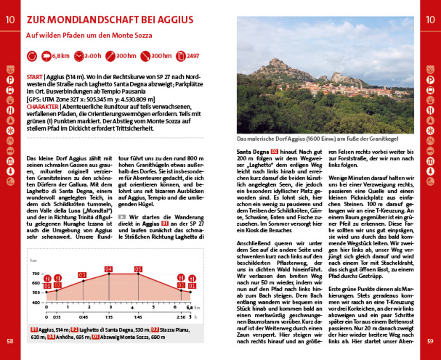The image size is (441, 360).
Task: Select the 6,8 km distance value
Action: point(61,56)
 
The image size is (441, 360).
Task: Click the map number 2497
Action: point(193,56)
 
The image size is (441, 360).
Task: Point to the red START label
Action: point(34,77)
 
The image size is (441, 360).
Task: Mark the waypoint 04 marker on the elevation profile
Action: point(108,269)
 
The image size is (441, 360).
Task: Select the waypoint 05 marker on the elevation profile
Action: point(138,269)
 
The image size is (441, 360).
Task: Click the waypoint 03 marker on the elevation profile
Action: point(82,275)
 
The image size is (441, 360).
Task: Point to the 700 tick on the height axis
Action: point(36,274)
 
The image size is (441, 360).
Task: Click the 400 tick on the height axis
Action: point(36,302)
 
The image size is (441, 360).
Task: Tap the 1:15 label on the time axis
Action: point(108,317)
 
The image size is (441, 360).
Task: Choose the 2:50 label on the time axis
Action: point(180,317)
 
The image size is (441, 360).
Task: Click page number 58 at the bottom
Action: point(10,340)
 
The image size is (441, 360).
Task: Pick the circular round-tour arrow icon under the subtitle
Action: point(32,56)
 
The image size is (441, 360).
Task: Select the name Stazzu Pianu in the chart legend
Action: point(174,330)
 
